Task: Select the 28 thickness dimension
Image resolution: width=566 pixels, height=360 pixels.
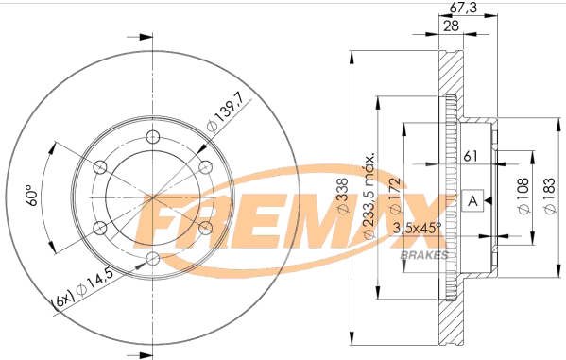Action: pyautogui.click(x=453, y=26)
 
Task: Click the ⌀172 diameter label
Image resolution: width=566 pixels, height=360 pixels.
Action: pyautogui.click(x=396, y=195)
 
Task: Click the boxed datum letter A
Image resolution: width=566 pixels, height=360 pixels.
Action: pyautogui.click(x=473, y=199)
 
